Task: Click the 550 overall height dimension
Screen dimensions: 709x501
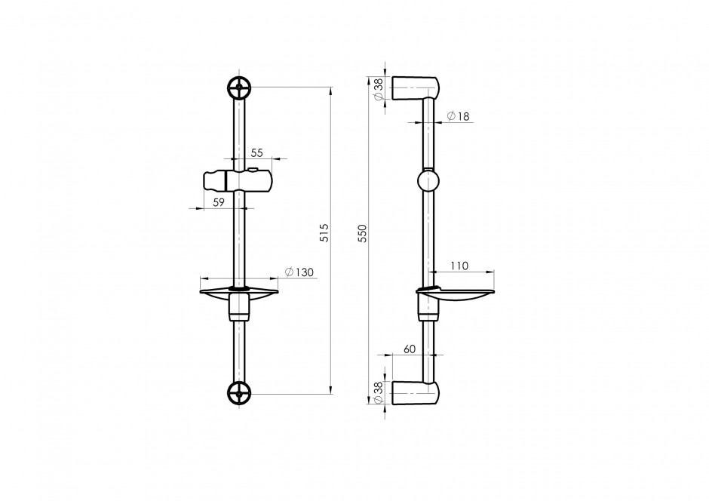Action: pyautogui.click(x=363, y=233)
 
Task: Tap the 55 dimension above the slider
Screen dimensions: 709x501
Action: pyautogui.click(x=257, y=153)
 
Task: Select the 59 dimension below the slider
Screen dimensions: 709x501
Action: pyautogui.click(x=219, y=202)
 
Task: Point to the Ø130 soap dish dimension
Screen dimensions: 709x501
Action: pyautogui.click(x=299, y=272)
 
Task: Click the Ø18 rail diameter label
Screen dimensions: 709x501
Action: pyautogui.click(x=459, y=116)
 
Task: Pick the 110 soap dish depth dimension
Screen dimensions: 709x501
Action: pyautogui.click(x=459, y=266)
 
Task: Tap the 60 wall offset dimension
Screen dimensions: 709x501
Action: pyautogui.click(x=410, y=349)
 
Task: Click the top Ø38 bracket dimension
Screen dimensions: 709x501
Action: pyautogui.click(x=379, y=88)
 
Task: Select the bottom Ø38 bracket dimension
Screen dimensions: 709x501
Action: pyautogui.click(x=379, y=392)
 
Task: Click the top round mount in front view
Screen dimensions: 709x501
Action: pyautogui.click(x=240, y=88)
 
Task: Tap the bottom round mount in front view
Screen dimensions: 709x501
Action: pyautogui.click(x=240, y=393)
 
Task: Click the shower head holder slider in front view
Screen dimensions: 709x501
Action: pyautogui.click(x=239, y=180)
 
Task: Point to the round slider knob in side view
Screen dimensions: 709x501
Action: pyautogui.click(x=428, y=180)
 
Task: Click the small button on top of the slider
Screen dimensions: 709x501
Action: pyautogui.click(x=253, y=170)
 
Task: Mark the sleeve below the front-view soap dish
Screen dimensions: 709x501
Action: pyautogui.click(x=239, y=308)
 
